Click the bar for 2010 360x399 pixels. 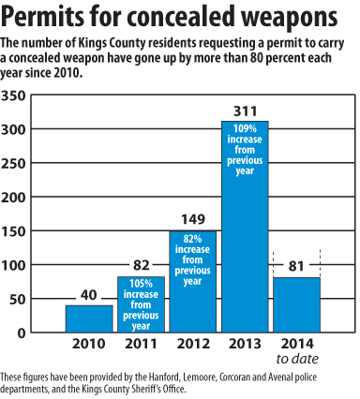coord(89,318)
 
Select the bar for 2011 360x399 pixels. coord(141,304)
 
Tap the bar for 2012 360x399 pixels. coord(192,282)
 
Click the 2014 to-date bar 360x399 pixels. coord(296,305)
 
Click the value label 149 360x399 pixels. coord(193,221)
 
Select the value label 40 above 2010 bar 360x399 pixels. coord(89,296)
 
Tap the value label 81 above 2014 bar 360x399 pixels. coord(297,265)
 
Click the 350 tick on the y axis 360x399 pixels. coord(14,96)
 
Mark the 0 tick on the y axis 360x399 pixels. coord(21,332)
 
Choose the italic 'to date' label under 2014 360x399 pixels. coord(298,359)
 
